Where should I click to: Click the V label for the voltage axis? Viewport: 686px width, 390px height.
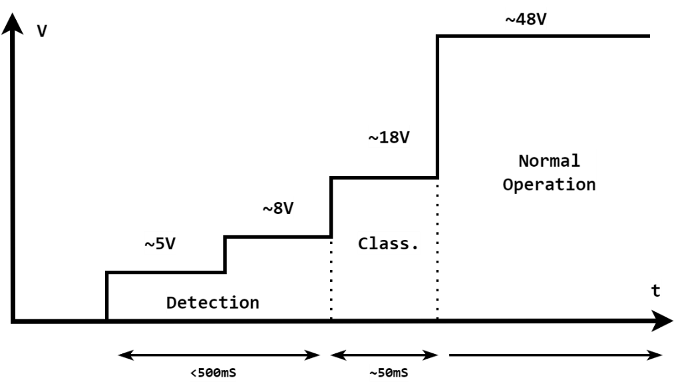click(42, 31)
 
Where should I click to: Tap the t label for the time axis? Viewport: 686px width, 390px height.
click(655, 291)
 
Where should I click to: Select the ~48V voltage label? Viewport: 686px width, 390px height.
click(526, 20)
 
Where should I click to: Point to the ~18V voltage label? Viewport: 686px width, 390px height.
click(389, 138)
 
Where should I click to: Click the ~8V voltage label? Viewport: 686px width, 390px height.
click(278, 209)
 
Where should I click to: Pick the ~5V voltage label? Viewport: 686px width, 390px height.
click(160, 244)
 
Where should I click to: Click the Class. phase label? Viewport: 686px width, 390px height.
click(389, 244)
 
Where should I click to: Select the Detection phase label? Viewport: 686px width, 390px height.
click(213, 303)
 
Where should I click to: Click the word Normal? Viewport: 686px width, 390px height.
click(549, 161)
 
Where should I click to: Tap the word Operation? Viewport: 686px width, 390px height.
click(549, 184)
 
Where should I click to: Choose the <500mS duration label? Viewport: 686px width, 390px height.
click(213, 373)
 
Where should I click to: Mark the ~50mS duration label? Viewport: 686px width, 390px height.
click(389, 373)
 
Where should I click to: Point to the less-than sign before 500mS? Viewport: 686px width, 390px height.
click(194, 373)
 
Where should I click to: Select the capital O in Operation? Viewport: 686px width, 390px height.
click(508, 184)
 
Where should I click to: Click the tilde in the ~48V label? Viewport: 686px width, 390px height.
click(510, 20)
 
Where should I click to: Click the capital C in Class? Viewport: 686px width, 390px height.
click(363, 244)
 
